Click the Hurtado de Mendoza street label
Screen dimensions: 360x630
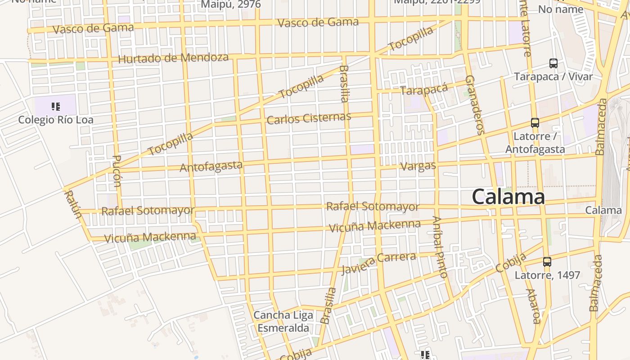click(x=173, y=58)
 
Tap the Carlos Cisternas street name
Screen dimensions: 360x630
click(x=308, y=118)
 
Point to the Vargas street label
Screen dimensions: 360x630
click(x=418, y=166)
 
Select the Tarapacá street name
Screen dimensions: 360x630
click(x=424, y=89)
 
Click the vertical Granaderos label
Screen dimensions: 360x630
click(x=475, y=105)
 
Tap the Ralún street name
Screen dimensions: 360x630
click(x=73, y=204)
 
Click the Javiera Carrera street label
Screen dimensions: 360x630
click(x=378, y=262)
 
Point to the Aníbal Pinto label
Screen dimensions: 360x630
click(x=440, y=247)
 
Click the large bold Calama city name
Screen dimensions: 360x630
click(x=508, y=197)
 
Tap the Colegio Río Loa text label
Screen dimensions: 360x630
click(x=56, y=120)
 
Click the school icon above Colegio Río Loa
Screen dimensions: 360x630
click(x=56, y=107)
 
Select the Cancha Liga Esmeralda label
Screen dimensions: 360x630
click(x=283, y=321)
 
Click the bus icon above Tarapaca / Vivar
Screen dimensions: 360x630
click(x=553, y=63)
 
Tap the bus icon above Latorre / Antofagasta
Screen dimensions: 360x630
click(x=535, y=122)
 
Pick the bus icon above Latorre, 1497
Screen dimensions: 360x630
click(x=547, y=261)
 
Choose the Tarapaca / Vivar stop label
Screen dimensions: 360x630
click(x=553, y=76)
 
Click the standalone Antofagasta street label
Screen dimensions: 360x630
click(x=211, y=166)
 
